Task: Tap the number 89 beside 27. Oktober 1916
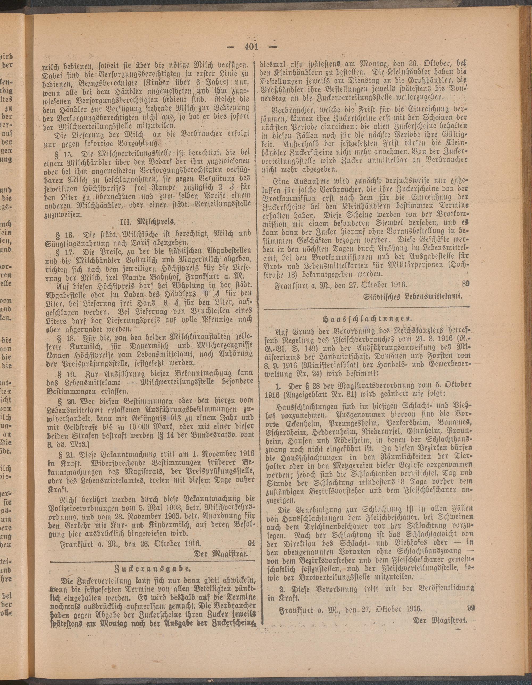point(465,284)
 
